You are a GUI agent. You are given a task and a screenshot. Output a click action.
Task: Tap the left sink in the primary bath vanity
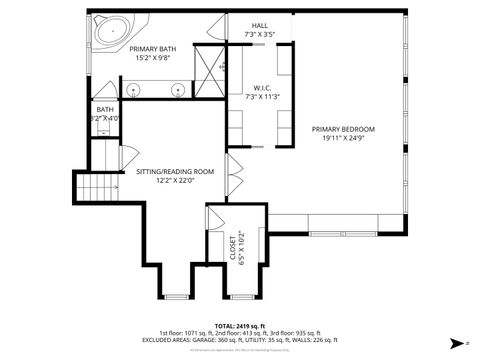tap(135, 91)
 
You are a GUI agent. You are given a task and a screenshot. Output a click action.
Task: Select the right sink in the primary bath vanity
tap(179, 91)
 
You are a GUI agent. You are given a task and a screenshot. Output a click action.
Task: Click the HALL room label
tap(260, 25)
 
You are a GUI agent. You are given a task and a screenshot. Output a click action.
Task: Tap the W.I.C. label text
tap(261, 88)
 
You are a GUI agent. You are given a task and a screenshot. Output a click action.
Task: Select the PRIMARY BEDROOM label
tap(343, 129)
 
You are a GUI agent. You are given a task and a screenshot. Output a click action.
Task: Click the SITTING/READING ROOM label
tap(176, 171)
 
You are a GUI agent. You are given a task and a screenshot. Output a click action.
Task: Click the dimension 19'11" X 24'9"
tap(343, 139)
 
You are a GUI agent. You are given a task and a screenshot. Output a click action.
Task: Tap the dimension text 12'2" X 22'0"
tap(176, 181)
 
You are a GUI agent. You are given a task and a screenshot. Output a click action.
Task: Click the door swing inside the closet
tap(215, 217)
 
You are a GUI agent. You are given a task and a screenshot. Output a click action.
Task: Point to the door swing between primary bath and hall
tap(217, 31)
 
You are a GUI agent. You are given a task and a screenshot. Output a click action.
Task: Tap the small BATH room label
tap(105, 109)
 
